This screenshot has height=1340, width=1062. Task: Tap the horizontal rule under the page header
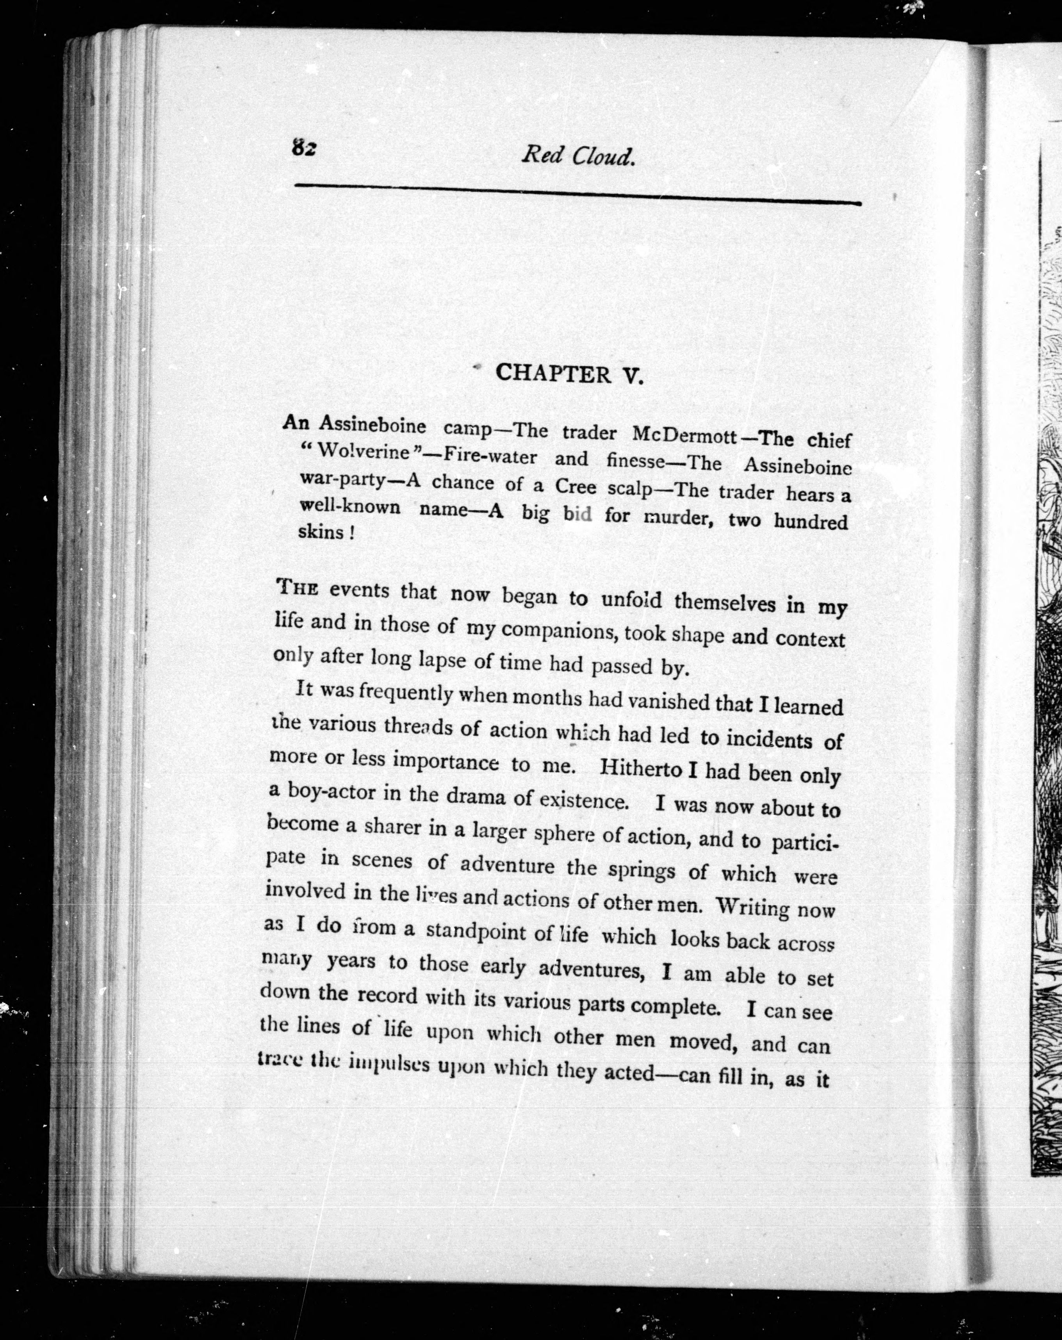pyautogui.click(x=578, y=194)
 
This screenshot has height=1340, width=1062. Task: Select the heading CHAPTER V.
pyautogui.click(x=568, y=374)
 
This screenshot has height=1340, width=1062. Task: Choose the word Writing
pyautogui.click(x=752, y=907)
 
